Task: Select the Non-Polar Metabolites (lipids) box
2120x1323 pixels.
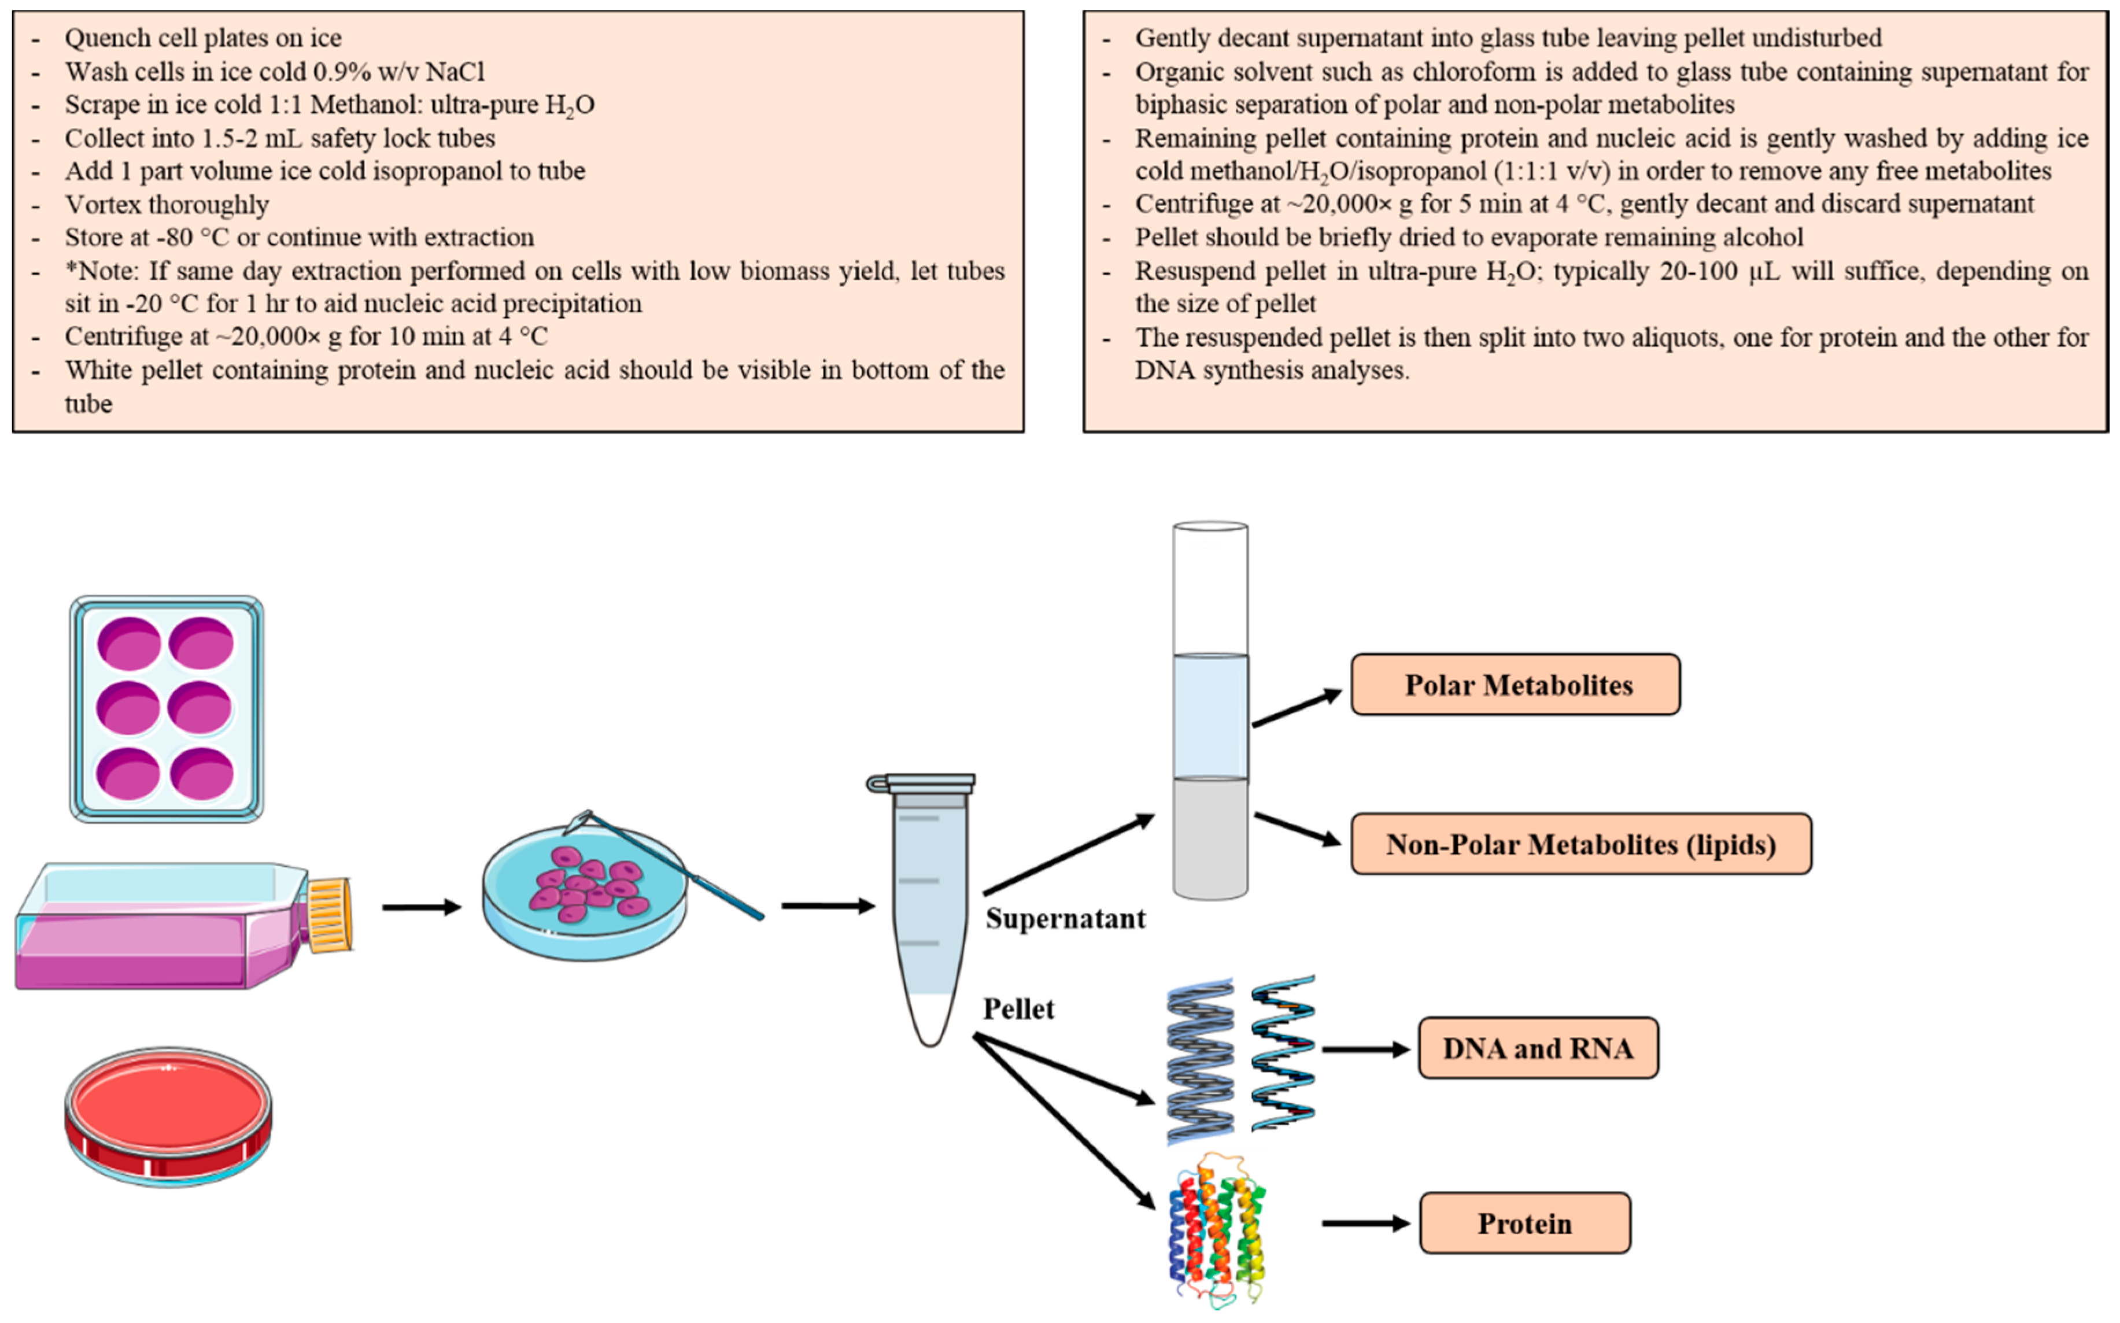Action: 1580,844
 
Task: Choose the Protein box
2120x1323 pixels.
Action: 1524,1222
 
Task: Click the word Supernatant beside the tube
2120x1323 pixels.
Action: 1065,919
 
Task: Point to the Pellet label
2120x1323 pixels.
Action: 1018,1009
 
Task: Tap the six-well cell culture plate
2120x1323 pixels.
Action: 166,709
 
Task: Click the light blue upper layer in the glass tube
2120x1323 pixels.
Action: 1210,716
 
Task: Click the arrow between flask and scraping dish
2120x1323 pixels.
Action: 421,907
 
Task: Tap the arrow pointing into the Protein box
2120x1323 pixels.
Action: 1364,1222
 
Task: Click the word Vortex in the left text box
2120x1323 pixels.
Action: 104,204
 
